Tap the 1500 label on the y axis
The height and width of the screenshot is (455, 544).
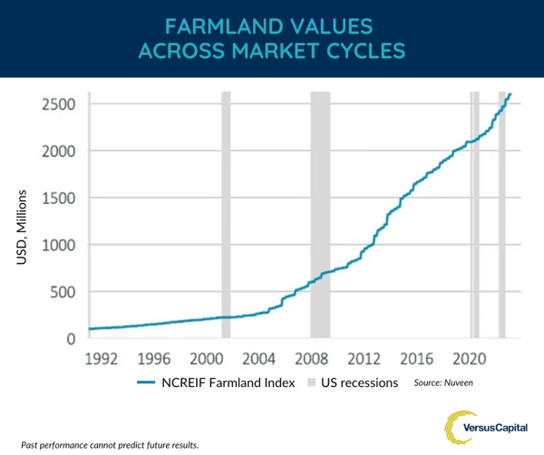tap(57, 198)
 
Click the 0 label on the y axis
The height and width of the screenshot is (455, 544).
tap(70, 339)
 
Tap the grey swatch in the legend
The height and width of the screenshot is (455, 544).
tap(313, 382)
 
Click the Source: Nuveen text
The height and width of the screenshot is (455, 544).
tap(443, 382)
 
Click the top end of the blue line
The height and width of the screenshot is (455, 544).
tap(510, 94)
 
